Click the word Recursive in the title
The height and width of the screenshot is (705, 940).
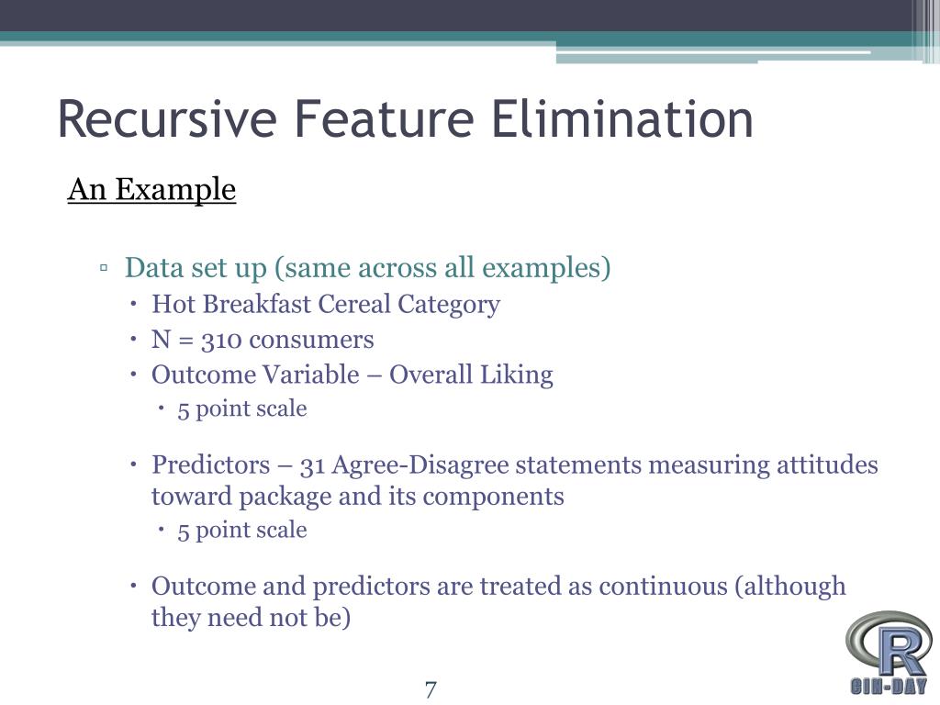point(166,120)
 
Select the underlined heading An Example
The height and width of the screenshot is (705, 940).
point(151,190)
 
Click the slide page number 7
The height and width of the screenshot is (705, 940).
point(431,688)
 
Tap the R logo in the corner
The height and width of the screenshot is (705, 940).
point(887,649)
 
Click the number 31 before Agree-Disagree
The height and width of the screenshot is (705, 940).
point(314,464)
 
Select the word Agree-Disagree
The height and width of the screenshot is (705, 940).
point(420,464)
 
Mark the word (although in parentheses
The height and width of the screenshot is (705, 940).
point(790,586)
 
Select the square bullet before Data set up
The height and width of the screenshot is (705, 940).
point(105,269)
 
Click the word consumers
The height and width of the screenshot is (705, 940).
point(312,340)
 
